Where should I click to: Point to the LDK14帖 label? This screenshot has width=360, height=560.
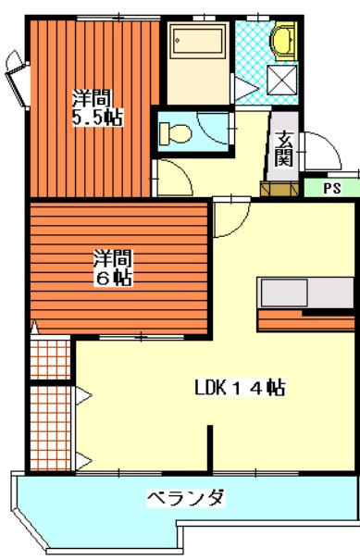click(239, 388)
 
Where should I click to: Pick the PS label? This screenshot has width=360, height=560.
click(329, 188)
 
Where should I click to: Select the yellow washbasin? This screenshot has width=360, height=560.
click(280, 42)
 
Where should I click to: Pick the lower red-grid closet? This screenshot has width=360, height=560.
click(52, 427)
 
